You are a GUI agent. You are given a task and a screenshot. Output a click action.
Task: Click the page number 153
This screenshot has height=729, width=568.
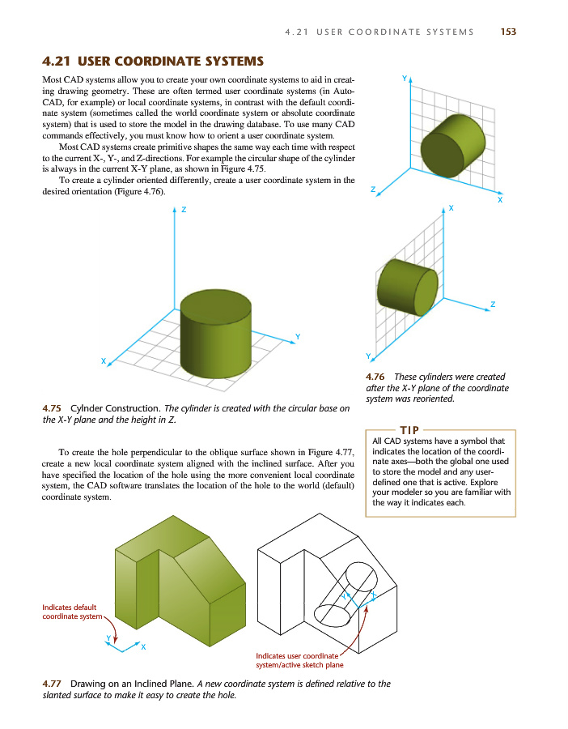pos(508,32)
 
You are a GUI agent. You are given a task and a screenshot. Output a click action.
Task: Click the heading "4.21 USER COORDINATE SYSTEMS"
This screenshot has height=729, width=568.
pos(153,61)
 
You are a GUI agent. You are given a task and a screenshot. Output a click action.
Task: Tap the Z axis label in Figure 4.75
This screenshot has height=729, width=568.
pos(184,210)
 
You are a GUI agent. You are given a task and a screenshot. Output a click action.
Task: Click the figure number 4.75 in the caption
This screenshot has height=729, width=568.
pos(53,407)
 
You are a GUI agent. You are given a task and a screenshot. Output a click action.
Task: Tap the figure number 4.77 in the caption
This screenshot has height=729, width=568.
pos(53,684)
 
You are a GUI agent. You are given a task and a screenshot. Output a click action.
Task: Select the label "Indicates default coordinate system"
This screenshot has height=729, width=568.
pos(71,612)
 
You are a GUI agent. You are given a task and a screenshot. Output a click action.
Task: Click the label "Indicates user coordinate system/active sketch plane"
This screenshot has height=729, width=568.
pos(299,659)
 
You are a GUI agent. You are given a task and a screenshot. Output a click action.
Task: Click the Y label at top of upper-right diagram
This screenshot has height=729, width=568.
pos(404,78)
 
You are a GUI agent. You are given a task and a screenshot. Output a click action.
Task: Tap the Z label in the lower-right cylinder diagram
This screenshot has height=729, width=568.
pos(492,304)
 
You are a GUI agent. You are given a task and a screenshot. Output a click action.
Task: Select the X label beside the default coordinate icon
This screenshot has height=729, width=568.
pos(143,646)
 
